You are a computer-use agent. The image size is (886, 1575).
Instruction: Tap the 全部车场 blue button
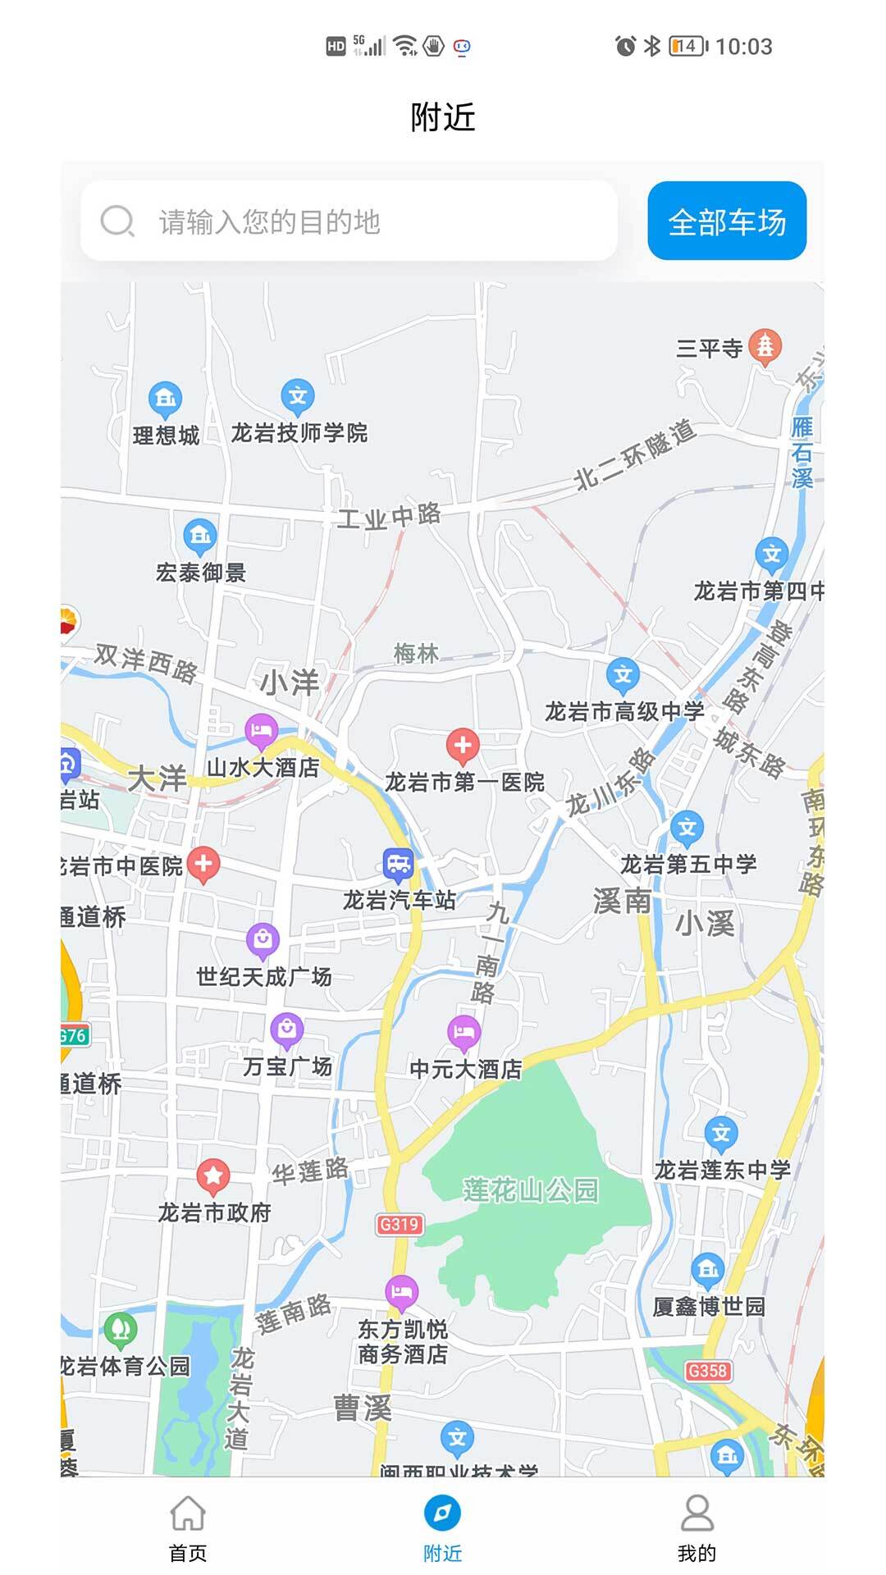click(727, 221)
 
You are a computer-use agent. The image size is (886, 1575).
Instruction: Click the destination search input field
click(349, 221)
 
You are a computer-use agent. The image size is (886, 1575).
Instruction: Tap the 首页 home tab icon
click(188, 1514)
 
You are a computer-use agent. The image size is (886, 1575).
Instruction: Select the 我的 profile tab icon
click(696, 1514)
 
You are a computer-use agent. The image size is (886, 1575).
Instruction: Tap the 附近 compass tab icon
click(442, 1513)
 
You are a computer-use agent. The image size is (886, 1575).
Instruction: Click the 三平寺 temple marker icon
click(765, 347)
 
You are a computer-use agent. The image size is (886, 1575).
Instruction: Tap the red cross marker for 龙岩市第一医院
click(463, 746)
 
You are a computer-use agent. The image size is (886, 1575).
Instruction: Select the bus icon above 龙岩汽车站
click(398, 864)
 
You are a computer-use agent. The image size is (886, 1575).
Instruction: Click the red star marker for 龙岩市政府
click(213, 1176)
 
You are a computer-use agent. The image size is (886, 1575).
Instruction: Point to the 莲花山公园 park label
click(531, 1189)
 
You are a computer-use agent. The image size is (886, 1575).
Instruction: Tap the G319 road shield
click(400, 1224)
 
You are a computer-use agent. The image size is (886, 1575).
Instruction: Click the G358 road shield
click(707, 1370)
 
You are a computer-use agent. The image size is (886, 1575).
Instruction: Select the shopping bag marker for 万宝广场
click(286, 1029)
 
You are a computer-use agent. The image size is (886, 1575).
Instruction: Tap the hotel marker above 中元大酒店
click(464, 1032)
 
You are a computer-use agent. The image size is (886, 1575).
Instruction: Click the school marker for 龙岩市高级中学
click(623, 674)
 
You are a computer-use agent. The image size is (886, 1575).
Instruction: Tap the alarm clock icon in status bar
click(625, 46)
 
